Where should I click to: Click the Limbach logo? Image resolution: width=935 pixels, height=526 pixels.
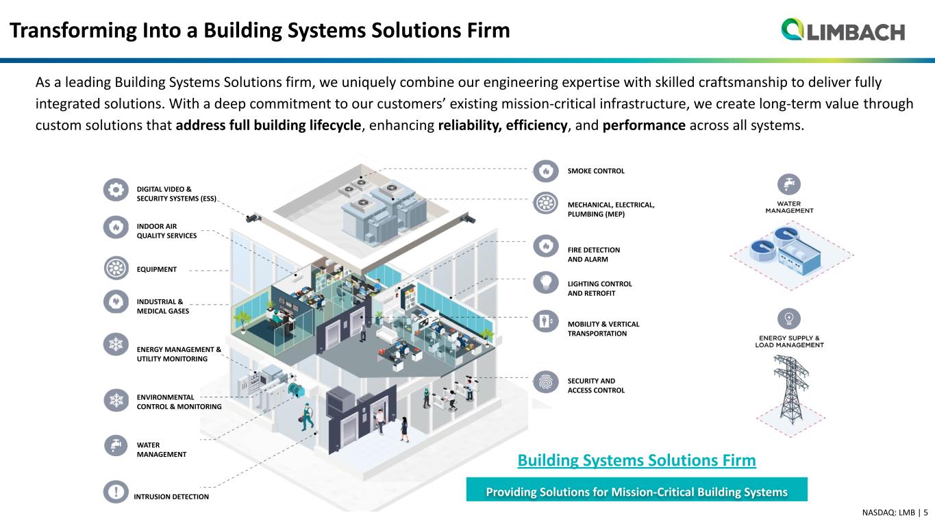click(843, 30)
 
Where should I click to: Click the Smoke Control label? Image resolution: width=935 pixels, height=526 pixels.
click(596, 171)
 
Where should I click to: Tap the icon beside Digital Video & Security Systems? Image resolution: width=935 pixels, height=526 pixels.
click(116, 189)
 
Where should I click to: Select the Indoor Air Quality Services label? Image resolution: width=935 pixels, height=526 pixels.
click(166, 231)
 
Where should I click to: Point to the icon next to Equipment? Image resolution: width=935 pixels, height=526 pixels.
click(116, 268)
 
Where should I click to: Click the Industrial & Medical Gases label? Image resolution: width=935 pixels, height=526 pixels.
click(162, 306)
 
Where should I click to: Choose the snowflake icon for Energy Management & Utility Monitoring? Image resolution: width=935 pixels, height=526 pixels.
click(116, 344)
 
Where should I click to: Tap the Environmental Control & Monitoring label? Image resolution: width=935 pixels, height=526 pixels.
click(179, 402)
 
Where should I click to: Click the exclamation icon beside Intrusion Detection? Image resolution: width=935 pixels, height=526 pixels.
click(116, 492)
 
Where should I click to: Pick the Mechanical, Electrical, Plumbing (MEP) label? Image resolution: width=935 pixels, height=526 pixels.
click(611, 209)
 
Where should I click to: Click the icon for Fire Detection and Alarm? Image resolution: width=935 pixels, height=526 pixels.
click(546, 245)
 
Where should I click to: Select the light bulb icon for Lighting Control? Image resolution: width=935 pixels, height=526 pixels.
click(546, 282)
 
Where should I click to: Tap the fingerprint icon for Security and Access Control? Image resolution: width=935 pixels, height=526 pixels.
click(546, 381)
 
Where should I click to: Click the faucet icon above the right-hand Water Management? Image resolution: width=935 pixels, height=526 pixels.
click(789, 184)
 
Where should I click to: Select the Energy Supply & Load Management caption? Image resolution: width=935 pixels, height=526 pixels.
click(788, 341)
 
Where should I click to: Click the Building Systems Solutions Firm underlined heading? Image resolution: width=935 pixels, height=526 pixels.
click(636, 461)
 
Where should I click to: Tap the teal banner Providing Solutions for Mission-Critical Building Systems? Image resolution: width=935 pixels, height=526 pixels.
click(636, 492)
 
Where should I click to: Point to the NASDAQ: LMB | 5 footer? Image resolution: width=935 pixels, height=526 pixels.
click(895, 512)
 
